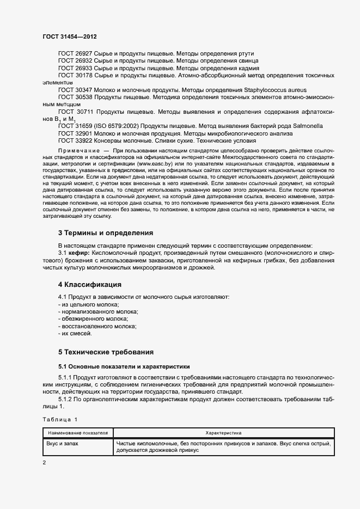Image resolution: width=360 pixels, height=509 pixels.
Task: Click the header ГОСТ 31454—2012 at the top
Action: click(x=70, y=37)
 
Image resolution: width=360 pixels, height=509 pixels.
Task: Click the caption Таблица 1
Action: click(x=60, y=419)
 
